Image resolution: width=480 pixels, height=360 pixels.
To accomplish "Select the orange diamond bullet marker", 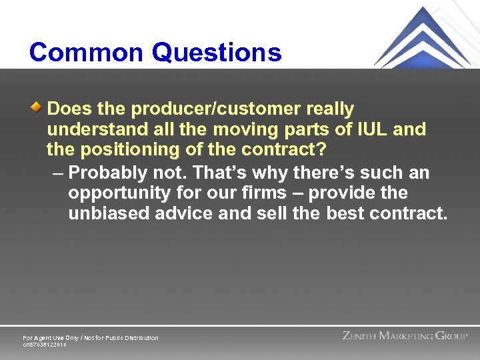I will [39, 105].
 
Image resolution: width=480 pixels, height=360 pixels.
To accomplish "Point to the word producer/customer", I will [207, 109].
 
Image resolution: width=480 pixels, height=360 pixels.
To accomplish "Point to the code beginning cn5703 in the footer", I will [45, 345].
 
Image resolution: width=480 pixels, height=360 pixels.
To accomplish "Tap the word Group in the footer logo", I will [452, 335].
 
